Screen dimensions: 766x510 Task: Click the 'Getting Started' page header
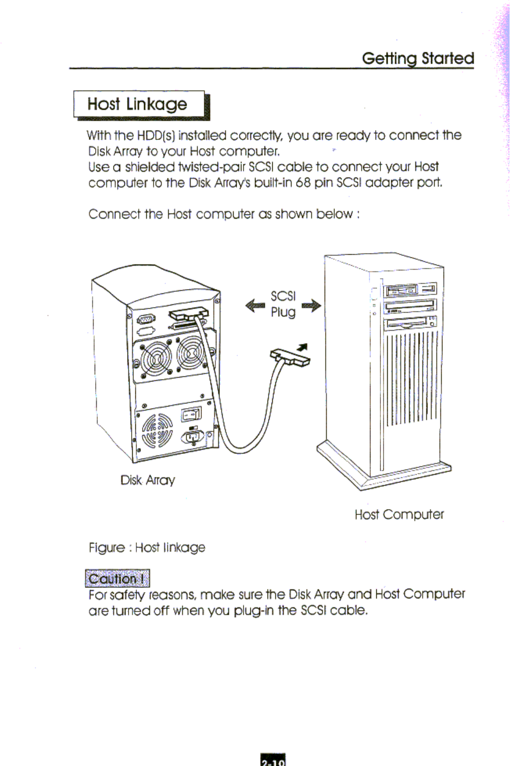coord(418,58)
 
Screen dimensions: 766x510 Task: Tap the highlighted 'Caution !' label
coord(117,579)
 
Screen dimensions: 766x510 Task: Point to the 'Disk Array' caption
coord(147,480)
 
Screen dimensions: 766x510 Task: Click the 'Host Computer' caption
coord(399,514)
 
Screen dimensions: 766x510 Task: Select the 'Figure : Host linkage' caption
coord(147,547)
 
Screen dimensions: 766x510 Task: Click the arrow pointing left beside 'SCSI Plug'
coord(255,305)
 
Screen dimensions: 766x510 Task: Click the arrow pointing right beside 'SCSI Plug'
coord(311,305)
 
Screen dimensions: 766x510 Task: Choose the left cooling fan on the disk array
coord(155,358)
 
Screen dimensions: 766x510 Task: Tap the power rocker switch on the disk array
coord(191,415)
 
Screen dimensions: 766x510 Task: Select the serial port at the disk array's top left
coord(146,320)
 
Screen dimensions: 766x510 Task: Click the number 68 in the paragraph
coord(303,183)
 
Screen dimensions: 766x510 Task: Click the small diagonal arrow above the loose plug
coord(303,348)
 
